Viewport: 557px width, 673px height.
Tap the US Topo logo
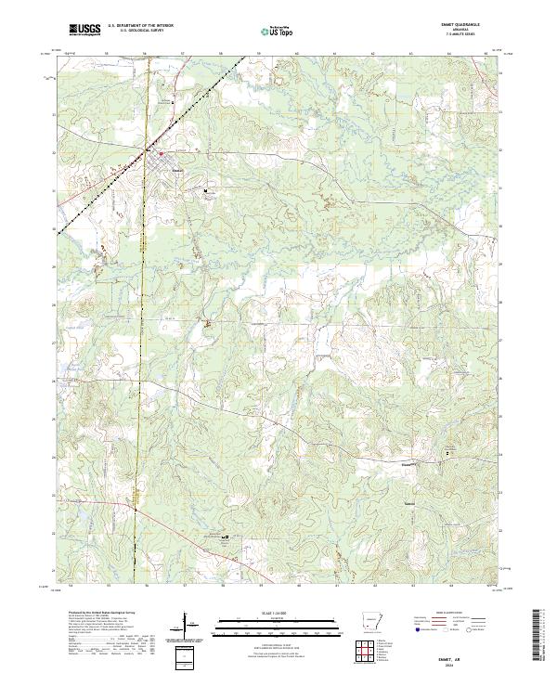[x=278, y=31]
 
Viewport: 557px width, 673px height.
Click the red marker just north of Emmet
[x=160, y=153]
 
